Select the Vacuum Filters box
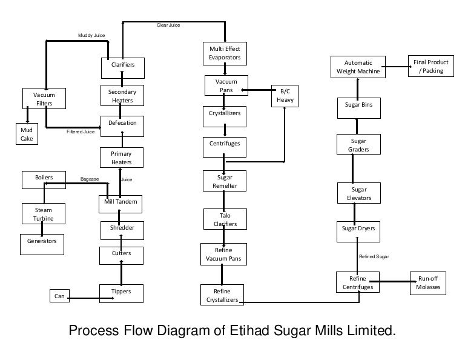pyautogui.click(x=44, y=99)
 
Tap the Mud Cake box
pyautogui.click(x=26, y=134)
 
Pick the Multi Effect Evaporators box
pyautogui.click(x=225, y=53)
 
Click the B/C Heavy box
pyautogui.click(x=285, y=95)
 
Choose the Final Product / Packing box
pyautogui.click(x=430, y=67)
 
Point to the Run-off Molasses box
pyautogui.click(x=428, y=283)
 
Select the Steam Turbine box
pyautogui.click(x=43, y=214)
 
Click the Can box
pyautogui.click(x=59, y=296)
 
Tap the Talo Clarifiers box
pyautogui.click(x=225, y=219)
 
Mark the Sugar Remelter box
pyautogui.click(x=225, y=181)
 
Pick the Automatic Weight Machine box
pyautogui.click(x=358, y=67)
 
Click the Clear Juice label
pyautogui.click(x=169, y=25)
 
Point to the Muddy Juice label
pyautogui.click(x=91, y=36)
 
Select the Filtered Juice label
pyautogui.click(x=81, y=132)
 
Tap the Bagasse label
pyautogui.click(x=90, y=179)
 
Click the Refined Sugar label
pyautogui.click(x=374, y=257)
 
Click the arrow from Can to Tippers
pyautogui.click(x=85, y=296)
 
